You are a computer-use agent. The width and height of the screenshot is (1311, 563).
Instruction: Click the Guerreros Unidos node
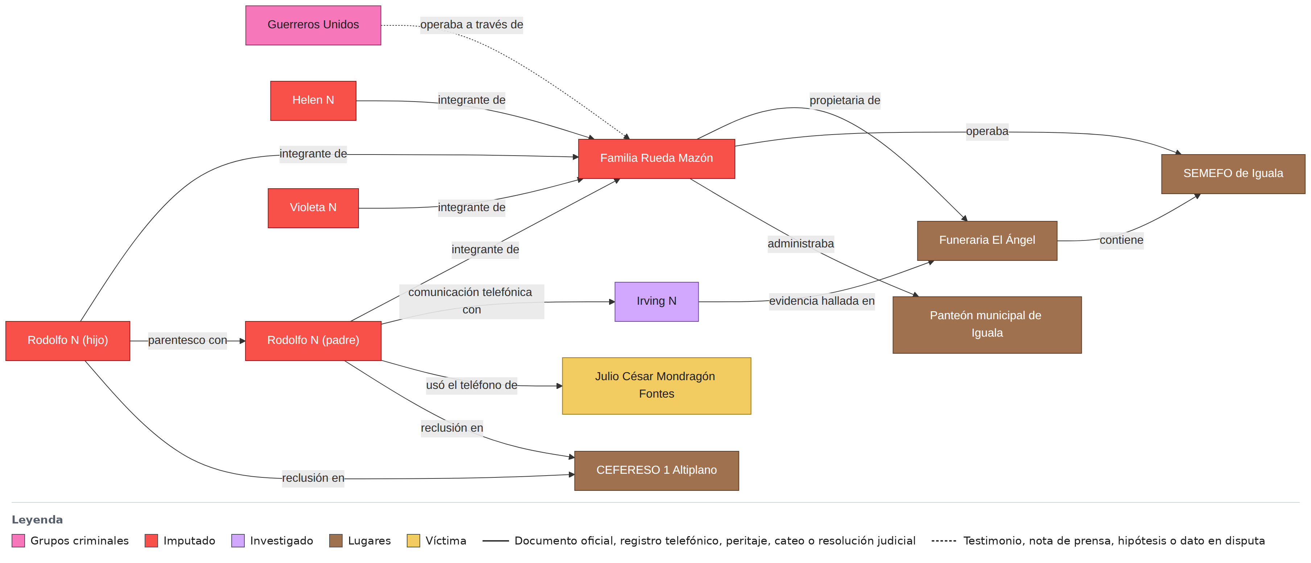click(313, 25)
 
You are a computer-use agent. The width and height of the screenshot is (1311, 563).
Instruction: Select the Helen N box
click(313, 101)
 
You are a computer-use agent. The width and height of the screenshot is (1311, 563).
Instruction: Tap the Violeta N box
click(313, 208)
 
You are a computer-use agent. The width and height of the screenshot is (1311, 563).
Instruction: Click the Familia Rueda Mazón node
click(657, 159)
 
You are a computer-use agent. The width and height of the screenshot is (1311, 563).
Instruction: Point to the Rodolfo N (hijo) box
click(68, 341)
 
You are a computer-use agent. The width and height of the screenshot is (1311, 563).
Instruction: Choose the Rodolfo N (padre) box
click(313, 341)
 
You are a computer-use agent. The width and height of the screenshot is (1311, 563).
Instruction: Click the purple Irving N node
click(657, 302)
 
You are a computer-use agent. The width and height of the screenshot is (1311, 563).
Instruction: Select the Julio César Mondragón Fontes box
click(657, 386)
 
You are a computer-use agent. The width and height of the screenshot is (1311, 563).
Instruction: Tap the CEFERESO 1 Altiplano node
click(657, 471)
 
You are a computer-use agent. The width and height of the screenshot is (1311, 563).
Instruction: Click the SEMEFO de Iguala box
click(1233, 174)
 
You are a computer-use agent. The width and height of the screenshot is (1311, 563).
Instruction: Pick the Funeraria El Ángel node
click(987, 241)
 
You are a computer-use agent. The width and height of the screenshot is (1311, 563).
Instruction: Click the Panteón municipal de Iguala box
click(987, 325)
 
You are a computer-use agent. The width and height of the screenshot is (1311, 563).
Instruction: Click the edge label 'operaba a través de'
click(472, 24)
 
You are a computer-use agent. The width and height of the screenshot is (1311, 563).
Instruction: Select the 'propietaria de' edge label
click(845, 100)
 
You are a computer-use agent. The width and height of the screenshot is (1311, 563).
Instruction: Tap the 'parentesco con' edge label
click(187, 341)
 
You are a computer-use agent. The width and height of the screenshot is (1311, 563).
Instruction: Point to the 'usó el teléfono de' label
click(472, 385)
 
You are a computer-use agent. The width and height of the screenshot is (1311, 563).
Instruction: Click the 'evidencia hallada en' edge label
click(822, 301)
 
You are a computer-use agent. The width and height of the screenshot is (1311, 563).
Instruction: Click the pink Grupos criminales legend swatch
click(18, 541)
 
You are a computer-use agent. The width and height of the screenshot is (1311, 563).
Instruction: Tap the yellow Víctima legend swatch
click(413, 541)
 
